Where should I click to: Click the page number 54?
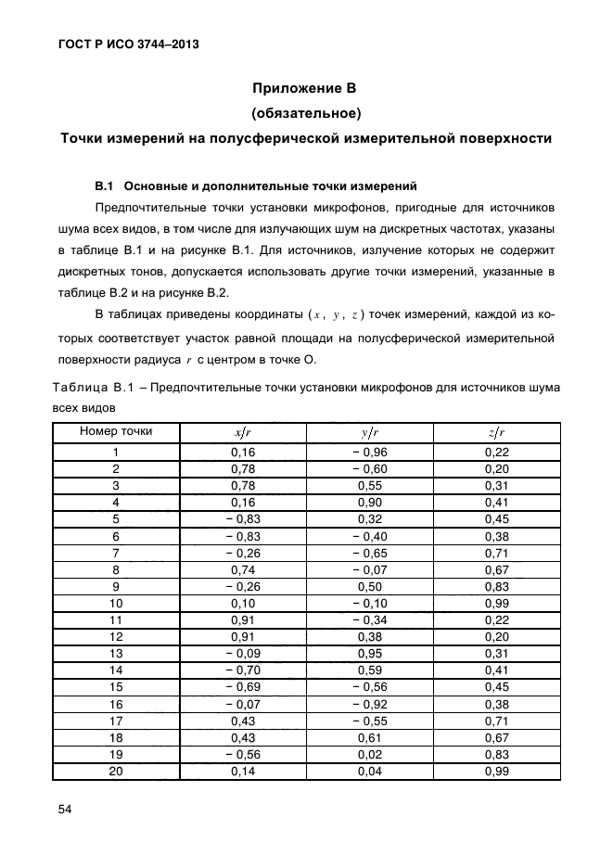click(65, 810)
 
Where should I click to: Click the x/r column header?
click(242, 432)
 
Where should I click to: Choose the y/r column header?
click(369, 432)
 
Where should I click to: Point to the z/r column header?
click(496, 432)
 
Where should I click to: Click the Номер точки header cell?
click(116, 431)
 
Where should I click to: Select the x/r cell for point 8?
click(242, 569)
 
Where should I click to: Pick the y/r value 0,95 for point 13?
click(369, 654)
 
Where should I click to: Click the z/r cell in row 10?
click(497, 603)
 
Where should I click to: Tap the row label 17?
click(116, 721)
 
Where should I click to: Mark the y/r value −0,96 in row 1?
click(368, 452)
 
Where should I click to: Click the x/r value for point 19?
click(242, 755)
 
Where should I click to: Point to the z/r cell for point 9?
click(497, 586)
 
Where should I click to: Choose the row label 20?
click(116, 772)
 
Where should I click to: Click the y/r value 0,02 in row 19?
click(369, 755)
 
